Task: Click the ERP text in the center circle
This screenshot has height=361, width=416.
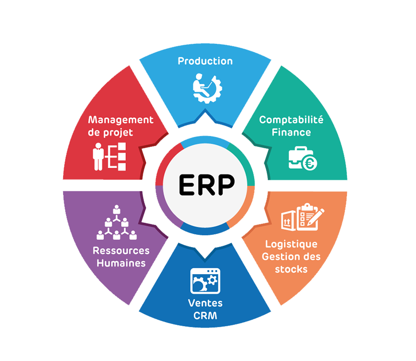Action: [x=207, y=185]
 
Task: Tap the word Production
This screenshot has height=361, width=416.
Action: [x=205, y=61]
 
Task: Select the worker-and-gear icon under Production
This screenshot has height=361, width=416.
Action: [x=207, y=89]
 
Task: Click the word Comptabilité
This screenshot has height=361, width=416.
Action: [x=291, y=120]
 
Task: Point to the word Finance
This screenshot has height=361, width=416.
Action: [x=291, y=132]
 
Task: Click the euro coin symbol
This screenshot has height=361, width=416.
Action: [x=309, y=163]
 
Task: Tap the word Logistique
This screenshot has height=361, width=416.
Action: [x=291, y=245]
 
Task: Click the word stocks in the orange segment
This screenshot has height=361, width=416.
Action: [x=291, y=269]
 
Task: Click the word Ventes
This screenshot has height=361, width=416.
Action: [x=205, y=303]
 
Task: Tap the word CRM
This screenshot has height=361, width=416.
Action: [x=205, y=316]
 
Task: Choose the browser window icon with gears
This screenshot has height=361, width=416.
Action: [x=205, y=281]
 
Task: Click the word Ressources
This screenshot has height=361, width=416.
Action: [x=121, y=251]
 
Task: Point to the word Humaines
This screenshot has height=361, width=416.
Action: [x=121, y=263]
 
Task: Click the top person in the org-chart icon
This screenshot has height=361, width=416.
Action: [x=116, y=210]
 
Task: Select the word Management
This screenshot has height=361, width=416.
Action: [x=121, y=120]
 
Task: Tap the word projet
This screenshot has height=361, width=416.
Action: [x=118, y=133]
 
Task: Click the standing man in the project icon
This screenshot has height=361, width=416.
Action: [x=98, y=156]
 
